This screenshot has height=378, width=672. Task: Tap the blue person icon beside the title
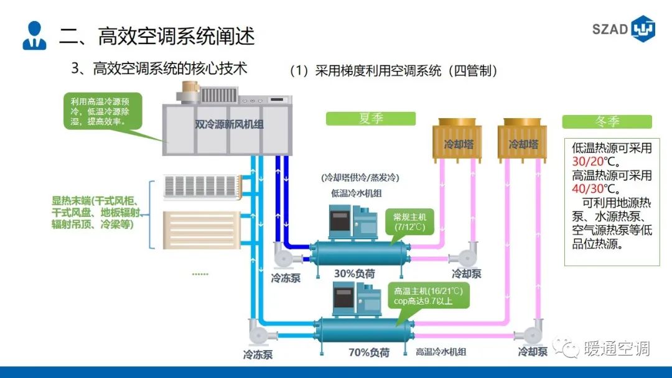pyautogui.click(x=34, y=35)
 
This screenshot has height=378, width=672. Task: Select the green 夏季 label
pyautogui.click(x=371, y=119)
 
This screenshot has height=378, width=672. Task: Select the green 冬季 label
pyautogui.click(x=607, y=122)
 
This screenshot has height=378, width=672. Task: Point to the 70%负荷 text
pyautogui.click(x=368, y=353)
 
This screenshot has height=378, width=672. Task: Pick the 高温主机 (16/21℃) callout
pyautogui.click(x=428, y=296)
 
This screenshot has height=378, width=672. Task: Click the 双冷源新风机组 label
pyautogui.click(x=229, y=124)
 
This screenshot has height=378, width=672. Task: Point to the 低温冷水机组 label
pyautogui.click(x=356, y=194)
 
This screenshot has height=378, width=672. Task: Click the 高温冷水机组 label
pyautogui.click(x=441, y=353)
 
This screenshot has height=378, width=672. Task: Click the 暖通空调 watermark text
pyautogui.click(x=617, y=349)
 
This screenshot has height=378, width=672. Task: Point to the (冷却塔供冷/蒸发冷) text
pyautogui.click(x=360, y=177)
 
